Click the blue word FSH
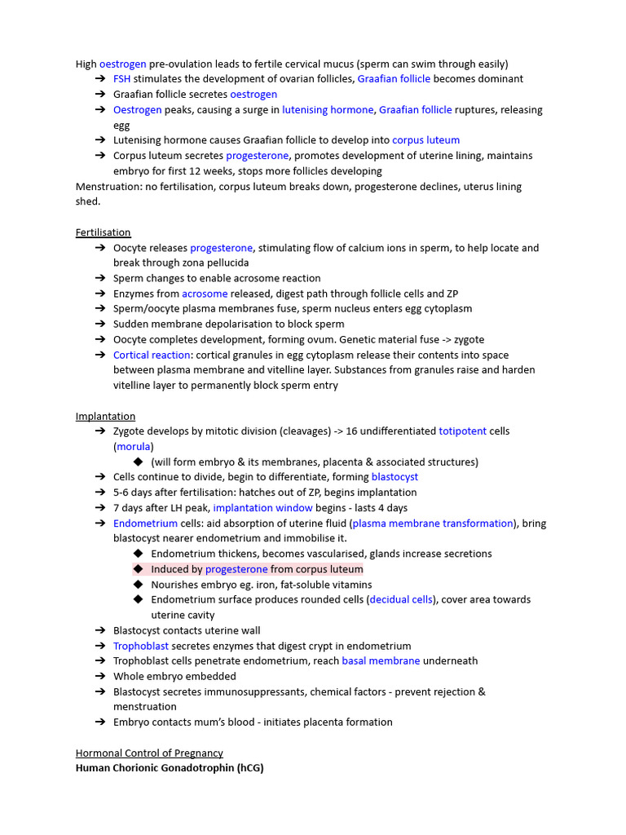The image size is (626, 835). click(121, 79)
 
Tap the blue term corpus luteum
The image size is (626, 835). click(425, 140)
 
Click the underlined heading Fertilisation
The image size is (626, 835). click(103, 232)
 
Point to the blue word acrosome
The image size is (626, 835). click(205, 294)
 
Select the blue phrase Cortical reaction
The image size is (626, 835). click(151, 355)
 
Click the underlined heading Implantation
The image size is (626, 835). click(105, 416)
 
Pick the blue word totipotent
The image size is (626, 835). click(462, 431)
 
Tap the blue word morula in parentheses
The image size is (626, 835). click(133, 447)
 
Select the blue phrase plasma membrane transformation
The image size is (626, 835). click(433, 524)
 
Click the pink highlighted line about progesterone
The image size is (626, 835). click(257, 569)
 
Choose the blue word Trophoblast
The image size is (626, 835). click(141, 646)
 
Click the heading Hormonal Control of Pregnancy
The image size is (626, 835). click(149, 753)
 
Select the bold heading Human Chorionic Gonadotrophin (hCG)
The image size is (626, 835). click(170, 768)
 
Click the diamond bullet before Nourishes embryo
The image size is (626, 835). click(138, 584)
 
